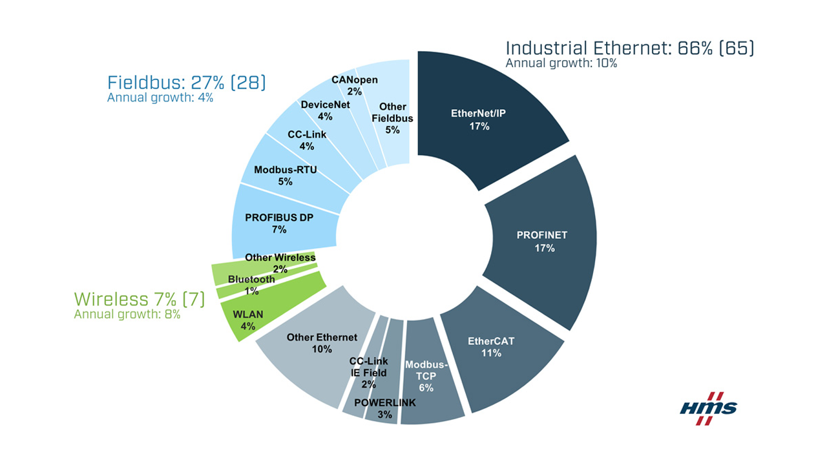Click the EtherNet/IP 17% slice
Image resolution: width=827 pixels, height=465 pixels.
click(x=479, y=119)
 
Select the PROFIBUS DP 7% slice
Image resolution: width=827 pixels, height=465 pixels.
click(x=278, y=223)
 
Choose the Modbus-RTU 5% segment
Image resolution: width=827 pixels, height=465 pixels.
click(x=285, y=175)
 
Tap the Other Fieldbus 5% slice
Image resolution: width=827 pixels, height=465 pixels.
click(x=393, y=118)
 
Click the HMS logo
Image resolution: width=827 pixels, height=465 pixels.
click(x=709, y=408)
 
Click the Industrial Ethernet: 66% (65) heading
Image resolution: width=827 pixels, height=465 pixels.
click(x=629, y=48)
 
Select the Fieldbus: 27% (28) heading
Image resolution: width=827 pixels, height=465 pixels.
click(x=187, y=83)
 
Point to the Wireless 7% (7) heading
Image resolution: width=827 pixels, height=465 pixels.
click(x=139, y=299)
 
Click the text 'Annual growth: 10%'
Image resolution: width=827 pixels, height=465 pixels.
click(x=561, y=63)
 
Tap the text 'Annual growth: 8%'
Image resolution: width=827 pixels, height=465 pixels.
click(x=127, y=315)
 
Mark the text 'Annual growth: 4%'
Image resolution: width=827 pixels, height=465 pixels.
click(x=160, y=98)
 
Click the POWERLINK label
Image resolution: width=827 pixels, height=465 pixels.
click(x=385, y=403)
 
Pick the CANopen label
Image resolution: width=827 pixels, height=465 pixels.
click(x=354, y=80)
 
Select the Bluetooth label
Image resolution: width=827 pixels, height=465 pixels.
click(x=251, y=280)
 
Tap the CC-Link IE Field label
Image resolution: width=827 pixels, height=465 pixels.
click(x=368, y=367)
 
